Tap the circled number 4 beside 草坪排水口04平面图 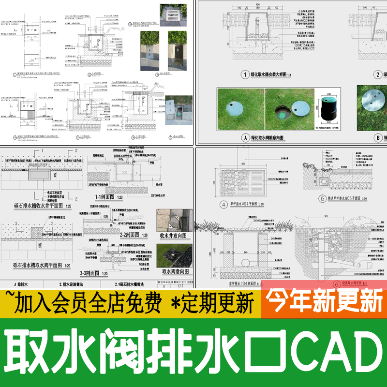click(x=223, y=204)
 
